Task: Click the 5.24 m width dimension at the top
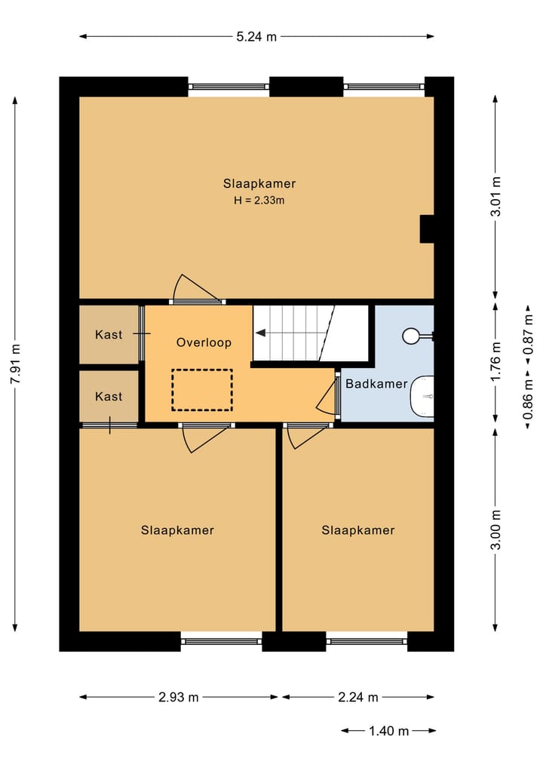click(256, 36)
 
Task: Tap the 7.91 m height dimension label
click(15, 365)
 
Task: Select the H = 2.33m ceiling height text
click(259, 201)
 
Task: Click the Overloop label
click(204, 342)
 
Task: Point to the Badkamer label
click(376, 384)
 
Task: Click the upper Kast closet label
click(109, 334)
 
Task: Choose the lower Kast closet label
click(109, 396)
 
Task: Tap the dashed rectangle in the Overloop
click(202, 389)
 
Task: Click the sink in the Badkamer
click(423, 396)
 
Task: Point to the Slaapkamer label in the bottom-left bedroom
click(177, 530)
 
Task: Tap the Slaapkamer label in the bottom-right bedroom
click(358, 530)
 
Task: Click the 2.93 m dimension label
click(179, 698)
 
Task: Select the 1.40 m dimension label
click(389, 731)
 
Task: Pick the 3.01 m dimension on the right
click(495, 196)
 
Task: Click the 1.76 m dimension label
click(495, 363)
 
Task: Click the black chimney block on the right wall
click(427, 229)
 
